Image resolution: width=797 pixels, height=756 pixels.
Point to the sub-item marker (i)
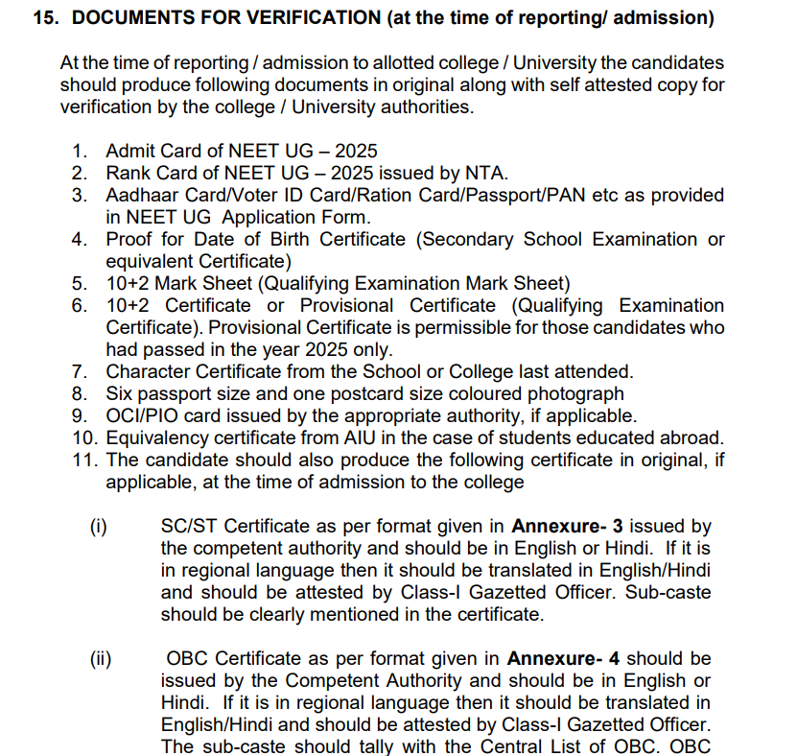pyautogui.click(x=98, y=526)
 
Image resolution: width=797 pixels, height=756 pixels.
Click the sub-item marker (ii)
pyautogui.click(x=100, y=658)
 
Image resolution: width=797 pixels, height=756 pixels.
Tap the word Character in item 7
pyautogui.click(x=146, y=371)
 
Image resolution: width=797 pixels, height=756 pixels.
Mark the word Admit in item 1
pyautogui.click(x=129, y=151)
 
